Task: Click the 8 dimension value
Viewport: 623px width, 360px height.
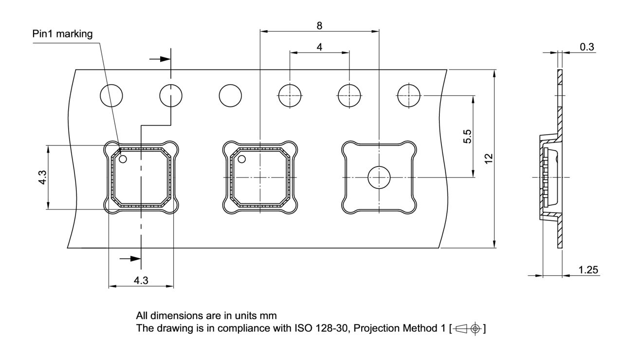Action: pyautogui.click(x=319, y=25)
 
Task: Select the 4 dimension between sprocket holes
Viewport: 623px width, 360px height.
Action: pyautogui.click(x=319, y=47)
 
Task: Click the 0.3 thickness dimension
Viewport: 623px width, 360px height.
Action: pyautogui.click(x=586, y=47)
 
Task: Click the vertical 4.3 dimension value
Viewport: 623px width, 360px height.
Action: pyautogui.click(x=43, y=178)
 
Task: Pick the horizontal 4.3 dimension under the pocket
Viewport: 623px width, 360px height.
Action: pyautogui.click(x=141, y=280)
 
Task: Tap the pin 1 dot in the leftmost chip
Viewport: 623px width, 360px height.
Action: pyautogui.click(x=123, y=159)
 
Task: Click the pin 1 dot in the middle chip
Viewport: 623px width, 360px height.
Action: pyautogui.click(x=241, y=159)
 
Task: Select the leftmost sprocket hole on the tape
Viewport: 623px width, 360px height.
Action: pyautogui.click(x=111, y=95)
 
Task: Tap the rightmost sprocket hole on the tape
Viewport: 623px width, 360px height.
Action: pyautogui.click(x=409, y=95)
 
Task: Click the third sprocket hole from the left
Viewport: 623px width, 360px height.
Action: pyautogui.click(x=230, y=95)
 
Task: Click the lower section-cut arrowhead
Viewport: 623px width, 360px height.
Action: pyautogui.click(x=135, y=259)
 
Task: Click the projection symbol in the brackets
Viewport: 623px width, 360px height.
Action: pyautogui.click(x=467, y=329)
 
